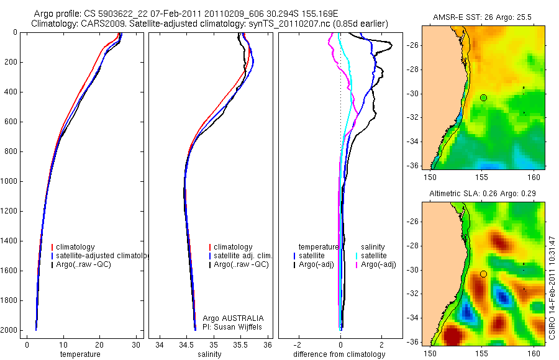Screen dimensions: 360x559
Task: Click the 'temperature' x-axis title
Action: click(80, 354)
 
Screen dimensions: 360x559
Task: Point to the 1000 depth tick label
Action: click(9, 181)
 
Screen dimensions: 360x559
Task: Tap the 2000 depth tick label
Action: click(9, 330)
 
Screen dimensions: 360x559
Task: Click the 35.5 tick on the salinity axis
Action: click(241, 344)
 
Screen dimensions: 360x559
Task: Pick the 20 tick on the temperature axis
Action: click(99, 344)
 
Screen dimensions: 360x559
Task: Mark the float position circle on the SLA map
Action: click(483, 274)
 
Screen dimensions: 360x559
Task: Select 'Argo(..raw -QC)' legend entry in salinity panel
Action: click(241, 264)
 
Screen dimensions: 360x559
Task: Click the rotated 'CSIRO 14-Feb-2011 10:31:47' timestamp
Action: click(552, 287)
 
